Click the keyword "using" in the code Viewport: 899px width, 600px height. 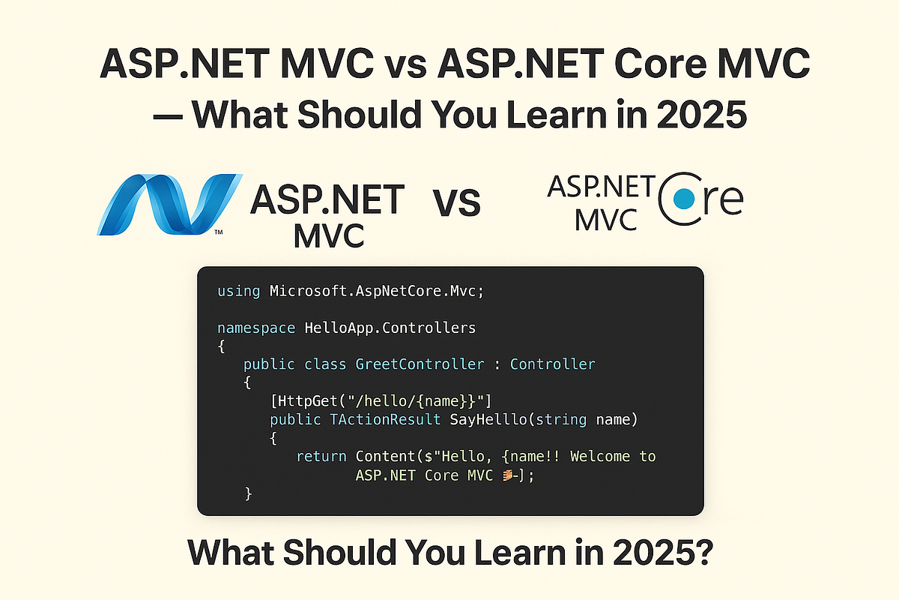[239, 291]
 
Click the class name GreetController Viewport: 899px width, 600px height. [420, 364]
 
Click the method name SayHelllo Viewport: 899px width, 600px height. [487, 420]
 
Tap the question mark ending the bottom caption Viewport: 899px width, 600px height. [703, 553]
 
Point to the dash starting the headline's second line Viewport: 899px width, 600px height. [169, 117]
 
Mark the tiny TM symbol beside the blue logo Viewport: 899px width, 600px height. [218, 233]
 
